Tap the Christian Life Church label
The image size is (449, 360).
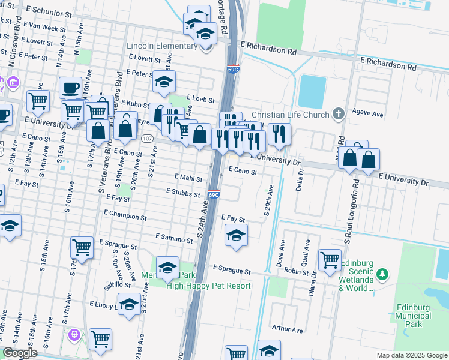(291, 115)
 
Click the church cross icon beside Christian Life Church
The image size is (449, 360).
(339, 113)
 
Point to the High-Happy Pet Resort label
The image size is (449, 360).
(208, 286)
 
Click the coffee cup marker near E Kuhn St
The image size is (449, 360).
(71, 88)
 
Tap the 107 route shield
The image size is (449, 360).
(148, 139)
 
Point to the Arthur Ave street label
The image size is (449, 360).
(288, 329)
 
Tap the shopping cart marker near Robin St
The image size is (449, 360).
(330, 260)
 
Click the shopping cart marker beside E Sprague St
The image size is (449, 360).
(82, 247)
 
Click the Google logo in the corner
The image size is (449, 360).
(20, 353)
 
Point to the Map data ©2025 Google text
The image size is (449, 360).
(412, 355)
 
